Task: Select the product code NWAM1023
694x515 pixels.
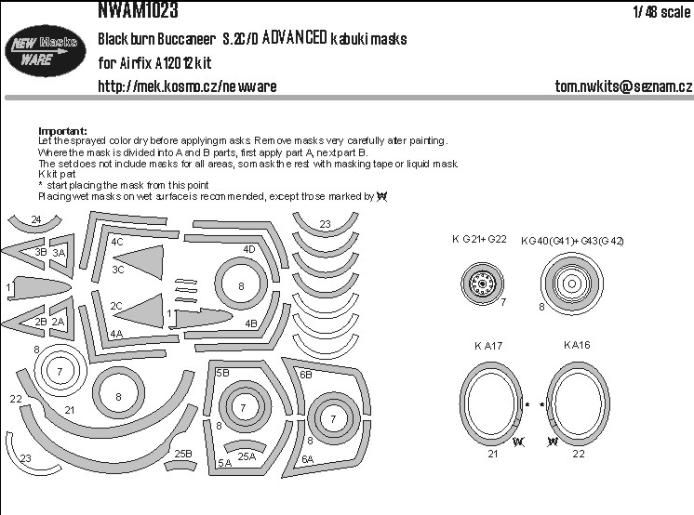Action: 136,11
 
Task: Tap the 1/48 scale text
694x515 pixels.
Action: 661,12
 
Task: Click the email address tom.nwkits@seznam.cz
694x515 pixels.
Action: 621,86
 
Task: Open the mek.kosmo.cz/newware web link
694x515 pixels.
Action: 187,86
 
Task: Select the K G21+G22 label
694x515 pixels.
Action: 480,240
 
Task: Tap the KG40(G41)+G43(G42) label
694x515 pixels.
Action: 573,241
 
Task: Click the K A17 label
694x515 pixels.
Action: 487,346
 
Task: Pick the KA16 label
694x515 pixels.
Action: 577,345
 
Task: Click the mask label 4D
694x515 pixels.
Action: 249,249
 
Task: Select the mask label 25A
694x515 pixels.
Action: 246,456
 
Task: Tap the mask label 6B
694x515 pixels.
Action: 305,374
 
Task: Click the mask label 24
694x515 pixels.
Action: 35,220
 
